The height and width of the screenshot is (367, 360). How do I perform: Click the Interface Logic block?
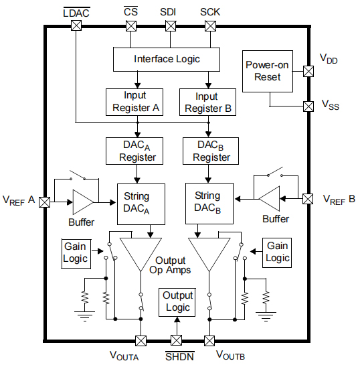pos(167,59)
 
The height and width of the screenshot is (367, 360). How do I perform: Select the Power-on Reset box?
pos(268,71)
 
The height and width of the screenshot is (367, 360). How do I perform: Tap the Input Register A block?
pos(134,101)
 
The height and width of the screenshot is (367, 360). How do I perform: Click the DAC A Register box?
pos(137,151)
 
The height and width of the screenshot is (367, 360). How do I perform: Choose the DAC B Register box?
pos(211,151)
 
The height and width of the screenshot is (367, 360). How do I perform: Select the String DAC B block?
pos(207,202)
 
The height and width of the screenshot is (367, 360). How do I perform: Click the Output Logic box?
pos(177,301)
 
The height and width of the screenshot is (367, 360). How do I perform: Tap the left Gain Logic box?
pos(76,252)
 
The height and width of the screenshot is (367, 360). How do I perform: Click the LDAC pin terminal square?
pos(76,26)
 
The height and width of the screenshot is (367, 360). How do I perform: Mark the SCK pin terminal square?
pos(211,26)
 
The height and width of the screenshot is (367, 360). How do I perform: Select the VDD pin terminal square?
pos(308,71)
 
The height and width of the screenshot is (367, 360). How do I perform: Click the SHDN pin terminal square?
pos(177,340)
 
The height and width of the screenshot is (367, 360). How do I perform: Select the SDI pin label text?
pos(170,12)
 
